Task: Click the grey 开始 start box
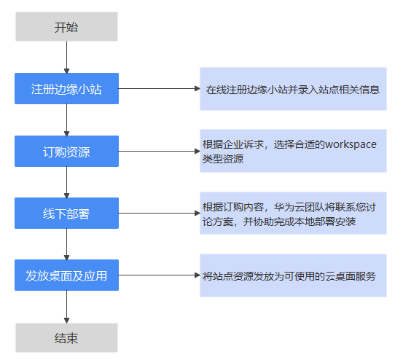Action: point(66,26)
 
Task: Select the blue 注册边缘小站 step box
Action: point(66,88)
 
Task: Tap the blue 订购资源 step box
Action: point(66,151)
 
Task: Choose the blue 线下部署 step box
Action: point(66,213)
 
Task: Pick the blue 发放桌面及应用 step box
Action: point(66,275)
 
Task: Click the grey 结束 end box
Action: point(66,337)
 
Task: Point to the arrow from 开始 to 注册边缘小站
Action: point(66,58)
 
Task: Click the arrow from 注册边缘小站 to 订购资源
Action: point(66,120)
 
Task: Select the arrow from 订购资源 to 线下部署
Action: point(66,182)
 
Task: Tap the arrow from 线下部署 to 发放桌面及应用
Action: point(66,244)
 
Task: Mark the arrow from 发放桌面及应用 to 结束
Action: point(66,307)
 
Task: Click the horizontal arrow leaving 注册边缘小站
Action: point(160,89)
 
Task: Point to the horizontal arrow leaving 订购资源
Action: point(160,151)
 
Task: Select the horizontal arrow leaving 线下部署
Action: point(160,213)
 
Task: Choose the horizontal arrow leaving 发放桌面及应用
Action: point(160,275)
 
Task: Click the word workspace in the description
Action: point(351,145)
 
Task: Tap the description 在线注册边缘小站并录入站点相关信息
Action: point(293,90)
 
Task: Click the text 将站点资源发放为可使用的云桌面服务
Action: point(289,276)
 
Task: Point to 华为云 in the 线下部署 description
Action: point(289,207)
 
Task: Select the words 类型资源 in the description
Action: point(223,159)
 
